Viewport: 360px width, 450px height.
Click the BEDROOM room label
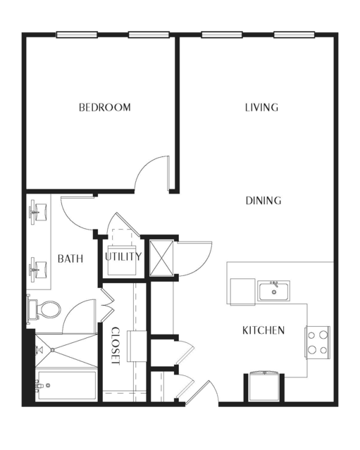point(105,107)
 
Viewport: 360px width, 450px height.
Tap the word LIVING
point(261,107)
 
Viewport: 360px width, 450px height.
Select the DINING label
point(263,200)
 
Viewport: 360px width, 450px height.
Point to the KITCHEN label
point(263,330)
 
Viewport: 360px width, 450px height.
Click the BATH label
point(70,258)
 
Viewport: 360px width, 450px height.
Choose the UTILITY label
point(123,256)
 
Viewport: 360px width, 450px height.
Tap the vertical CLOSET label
point(115,346)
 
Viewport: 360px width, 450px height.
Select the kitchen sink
point(273,291)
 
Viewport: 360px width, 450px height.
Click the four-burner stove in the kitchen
point(318,342)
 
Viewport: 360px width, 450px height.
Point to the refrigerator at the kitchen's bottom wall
point(264,387)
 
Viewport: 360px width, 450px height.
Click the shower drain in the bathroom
point(53,350)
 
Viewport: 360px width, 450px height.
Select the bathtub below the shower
point(67,385)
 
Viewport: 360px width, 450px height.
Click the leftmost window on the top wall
point(77,35)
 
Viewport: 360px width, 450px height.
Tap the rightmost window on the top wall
point(294,35)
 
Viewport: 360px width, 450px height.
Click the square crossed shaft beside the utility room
point(161,258)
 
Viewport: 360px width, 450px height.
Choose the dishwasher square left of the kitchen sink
point(242,292)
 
